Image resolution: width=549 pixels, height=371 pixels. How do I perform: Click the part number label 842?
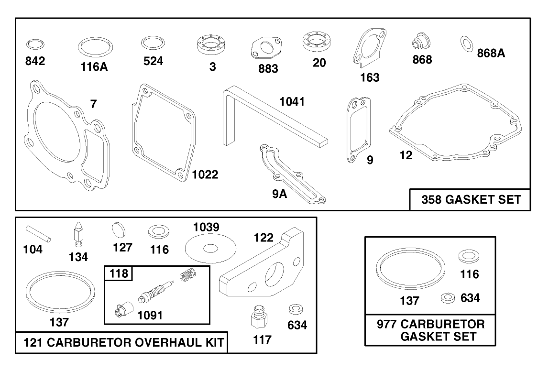[35, 61]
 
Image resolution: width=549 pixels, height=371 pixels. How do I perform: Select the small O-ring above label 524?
[153, 43]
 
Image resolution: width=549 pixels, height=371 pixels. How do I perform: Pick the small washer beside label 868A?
[466, 44]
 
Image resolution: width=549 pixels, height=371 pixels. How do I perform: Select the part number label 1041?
[292, 101]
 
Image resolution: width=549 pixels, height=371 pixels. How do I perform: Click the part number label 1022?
[205, 175]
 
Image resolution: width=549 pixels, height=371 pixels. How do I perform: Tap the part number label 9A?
[279, 194]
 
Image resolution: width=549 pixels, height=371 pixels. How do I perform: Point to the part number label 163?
[370, 77]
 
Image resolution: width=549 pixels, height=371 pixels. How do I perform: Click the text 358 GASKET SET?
[471, 199]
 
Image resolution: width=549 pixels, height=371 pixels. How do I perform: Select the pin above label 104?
[38, 234]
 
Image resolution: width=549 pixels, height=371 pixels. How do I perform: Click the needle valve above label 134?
[78, 234]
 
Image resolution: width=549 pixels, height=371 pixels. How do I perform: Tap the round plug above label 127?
[118, 230]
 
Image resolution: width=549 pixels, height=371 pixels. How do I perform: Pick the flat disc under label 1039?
[210, 249]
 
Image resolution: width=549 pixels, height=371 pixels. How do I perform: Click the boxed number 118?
[119, 273]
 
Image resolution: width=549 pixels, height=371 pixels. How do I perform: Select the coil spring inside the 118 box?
[187, 273]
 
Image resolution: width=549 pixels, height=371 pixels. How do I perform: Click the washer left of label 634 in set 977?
[448, 298]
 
